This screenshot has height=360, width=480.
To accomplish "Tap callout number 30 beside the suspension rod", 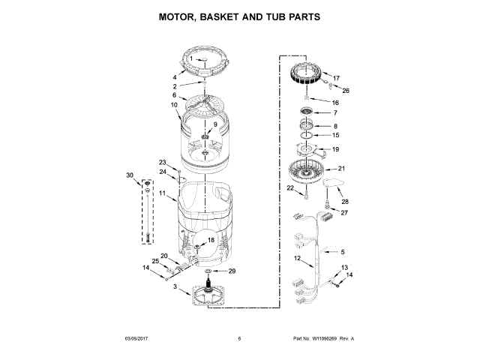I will pos(130,175).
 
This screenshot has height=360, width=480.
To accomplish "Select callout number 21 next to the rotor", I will pos(341,168).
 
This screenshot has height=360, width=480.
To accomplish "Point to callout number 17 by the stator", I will pos(337,78).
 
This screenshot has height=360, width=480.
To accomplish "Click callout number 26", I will pos(346,91).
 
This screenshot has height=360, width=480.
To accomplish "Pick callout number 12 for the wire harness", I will pos(298,259).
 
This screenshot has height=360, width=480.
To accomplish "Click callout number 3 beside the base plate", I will pos(175,287).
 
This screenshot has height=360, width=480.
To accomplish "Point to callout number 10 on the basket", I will pos(174,105).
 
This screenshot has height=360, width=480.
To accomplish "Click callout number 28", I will pos(346,201).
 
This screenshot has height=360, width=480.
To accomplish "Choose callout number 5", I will pos(343,251).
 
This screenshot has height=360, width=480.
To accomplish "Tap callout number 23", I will pos(163,162).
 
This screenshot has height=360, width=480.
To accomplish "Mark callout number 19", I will pos(335,149).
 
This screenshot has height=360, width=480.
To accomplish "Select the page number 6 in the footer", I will pos(239,338).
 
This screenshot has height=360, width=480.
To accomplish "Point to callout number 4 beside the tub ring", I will pos(174,77).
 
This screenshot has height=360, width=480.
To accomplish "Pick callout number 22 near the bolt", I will pos(289,188).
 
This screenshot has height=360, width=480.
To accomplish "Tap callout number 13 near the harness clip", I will pos(345,268).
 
